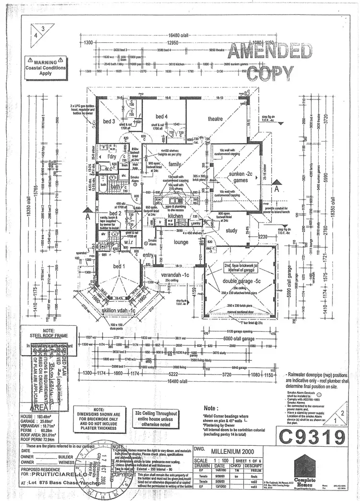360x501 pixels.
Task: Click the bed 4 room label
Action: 162,116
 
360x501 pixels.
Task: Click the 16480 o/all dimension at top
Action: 178,35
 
